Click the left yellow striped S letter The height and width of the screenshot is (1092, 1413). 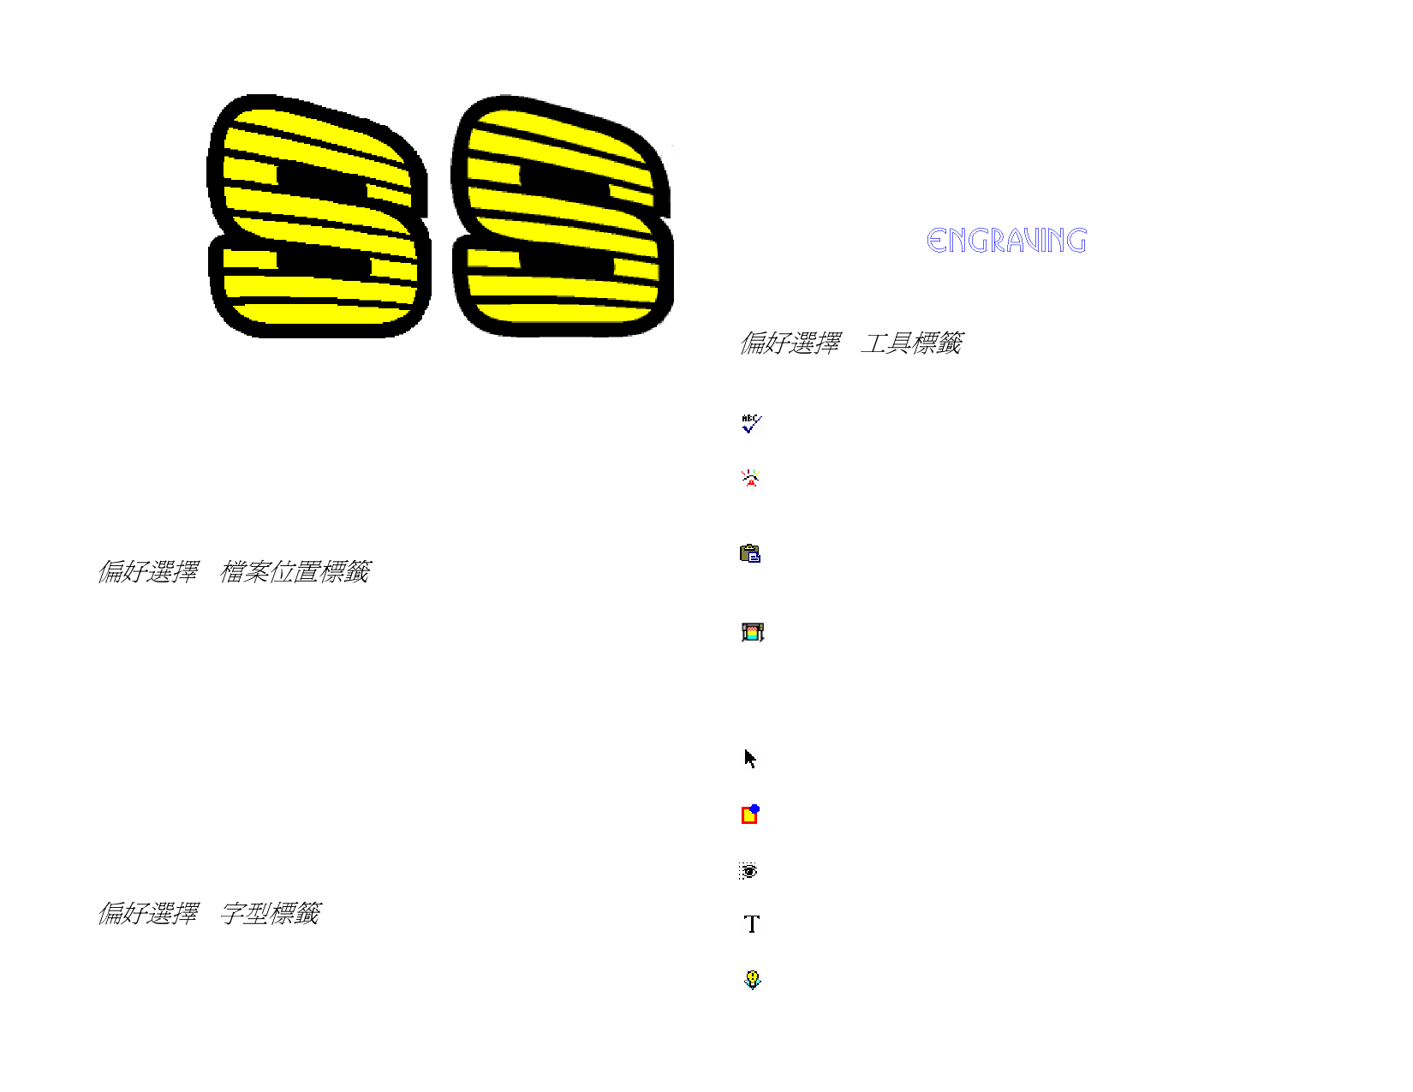pos(319,216)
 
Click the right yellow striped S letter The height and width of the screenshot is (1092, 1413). pos(563,216)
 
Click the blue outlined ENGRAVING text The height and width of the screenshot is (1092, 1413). pos(1006,241)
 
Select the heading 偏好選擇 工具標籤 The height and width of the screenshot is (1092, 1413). pos(851,343)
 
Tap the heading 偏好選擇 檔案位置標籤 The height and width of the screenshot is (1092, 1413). pos(234,571)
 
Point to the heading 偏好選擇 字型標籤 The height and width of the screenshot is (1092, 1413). pos(209,913)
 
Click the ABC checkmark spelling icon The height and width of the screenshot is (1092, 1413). pos(751,423)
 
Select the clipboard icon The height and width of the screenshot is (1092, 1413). pos(750,553)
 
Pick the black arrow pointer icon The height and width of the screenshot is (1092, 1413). pos(750,759)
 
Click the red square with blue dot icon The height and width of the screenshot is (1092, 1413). pos(750,815)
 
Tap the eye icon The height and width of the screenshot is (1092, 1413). pos(748,871)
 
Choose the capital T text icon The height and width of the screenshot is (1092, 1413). pos(752,924)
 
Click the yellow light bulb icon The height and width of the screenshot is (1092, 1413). pos(753,980)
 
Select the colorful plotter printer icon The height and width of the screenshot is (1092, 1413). pos(753,632)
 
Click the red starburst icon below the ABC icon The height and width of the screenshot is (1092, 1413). pos(750,478)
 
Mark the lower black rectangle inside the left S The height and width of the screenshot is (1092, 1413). pos(324,265)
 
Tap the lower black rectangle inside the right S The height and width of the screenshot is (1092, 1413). pos(567,265)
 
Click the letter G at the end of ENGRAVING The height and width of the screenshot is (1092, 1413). pos(1077,241)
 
